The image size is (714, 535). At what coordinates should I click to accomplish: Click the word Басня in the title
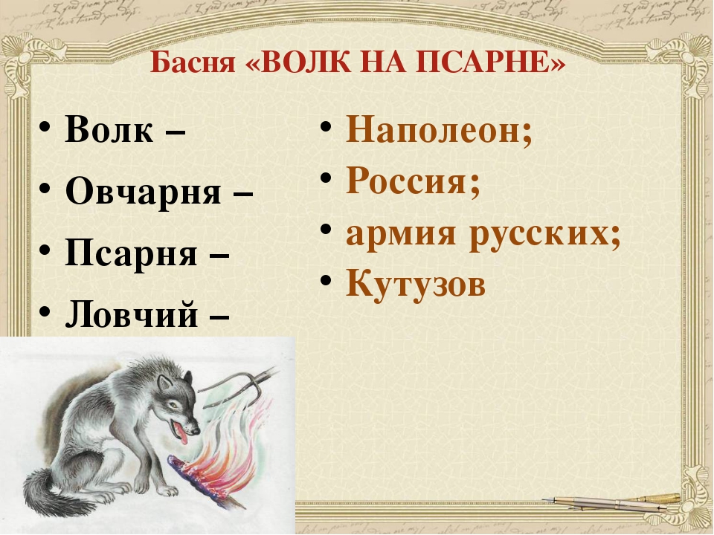(x=192, y=62)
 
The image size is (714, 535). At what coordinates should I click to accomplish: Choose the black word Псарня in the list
(x=131, y=253)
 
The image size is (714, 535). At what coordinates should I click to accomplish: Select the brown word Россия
(x=403, y=182)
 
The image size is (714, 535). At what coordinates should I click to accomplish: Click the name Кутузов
(x=416, y=285)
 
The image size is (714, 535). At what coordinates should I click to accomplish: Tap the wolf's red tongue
(x=183, y=435)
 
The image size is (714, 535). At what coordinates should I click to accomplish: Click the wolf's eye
(x=173, y=404)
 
